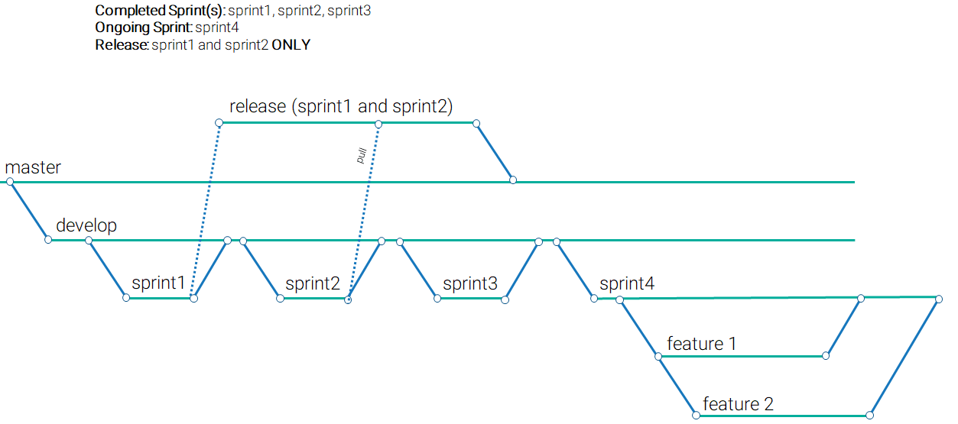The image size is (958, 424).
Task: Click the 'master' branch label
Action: pyautogui.click(x=33, y=167)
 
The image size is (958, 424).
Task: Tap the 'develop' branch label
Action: pyautogui.click(x=86, y=225)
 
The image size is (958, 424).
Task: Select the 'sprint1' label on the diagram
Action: pyautogui.click(x=158, y=283)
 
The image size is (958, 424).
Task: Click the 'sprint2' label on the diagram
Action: pyautogui.click(x=312, y=284)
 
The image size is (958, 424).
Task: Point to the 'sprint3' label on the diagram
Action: pyautogui.click(x=469, y=284)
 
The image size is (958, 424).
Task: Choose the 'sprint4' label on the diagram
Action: pyautogui.click(x=627, y=284)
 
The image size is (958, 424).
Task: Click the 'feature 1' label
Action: pyautogui.click(x=701, y=344)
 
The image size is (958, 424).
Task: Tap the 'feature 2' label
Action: pyautogui.click(x=738, y=403)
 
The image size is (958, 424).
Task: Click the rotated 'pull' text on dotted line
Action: pyautogui.click(x=362, y=156)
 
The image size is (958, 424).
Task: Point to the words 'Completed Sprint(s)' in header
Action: pyautogui.click(x=159, y=11)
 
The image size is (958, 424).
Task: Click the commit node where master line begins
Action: pyautogui.click(x=10, y=182)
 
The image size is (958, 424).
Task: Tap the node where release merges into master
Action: pyautogui.click(x=513, y=180)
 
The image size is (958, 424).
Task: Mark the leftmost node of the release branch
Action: pyautogui.click(x=219, y=122)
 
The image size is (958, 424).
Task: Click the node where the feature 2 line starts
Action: pyautogui.click(x=696, y=416)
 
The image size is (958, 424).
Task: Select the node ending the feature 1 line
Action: pyautogui.click(x=826, y=356)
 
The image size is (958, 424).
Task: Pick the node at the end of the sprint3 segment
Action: pyautogui.click(x=505, y=299)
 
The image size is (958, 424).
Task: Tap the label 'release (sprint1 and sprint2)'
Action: pyautogui.click(x=341, y=107)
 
